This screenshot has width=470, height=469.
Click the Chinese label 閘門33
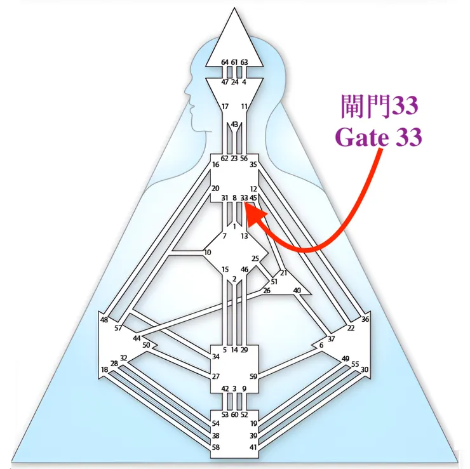[379, 106]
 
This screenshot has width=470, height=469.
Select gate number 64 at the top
[225, 62]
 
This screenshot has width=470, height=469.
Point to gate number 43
[234, 124]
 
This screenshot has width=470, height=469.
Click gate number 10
[208, 253]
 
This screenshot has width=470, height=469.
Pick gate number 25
[255, 258]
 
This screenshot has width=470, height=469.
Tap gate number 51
[274, 281]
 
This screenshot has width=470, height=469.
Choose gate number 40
[297, 291]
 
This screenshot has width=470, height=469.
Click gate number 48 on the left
[104, 320]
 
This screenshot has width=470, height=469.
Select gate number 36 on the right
[365, 320]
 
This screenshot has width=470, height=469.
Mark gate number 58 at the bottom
[216, 447]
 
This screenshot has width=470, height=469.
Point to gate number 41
[253, 447]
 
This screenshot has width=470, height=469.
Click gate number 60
[234, 414]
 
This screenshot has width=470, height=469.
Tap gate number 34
[216, 357]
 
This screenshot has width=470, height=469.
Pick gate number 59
[253, 376]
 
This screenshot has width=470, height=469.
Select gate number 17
[225, 106]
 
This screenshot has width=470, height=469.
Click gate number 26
[267, 291]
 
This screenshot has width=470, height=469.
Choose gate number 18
[104, 369]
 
